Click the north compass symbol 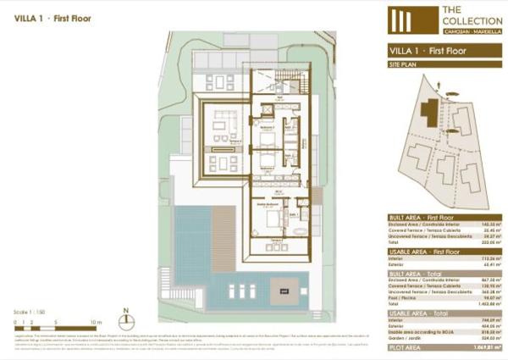pyautogui.click(x=125, y=320)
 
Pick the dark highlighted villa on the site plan pyautogui.click(x=431, y=112)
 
